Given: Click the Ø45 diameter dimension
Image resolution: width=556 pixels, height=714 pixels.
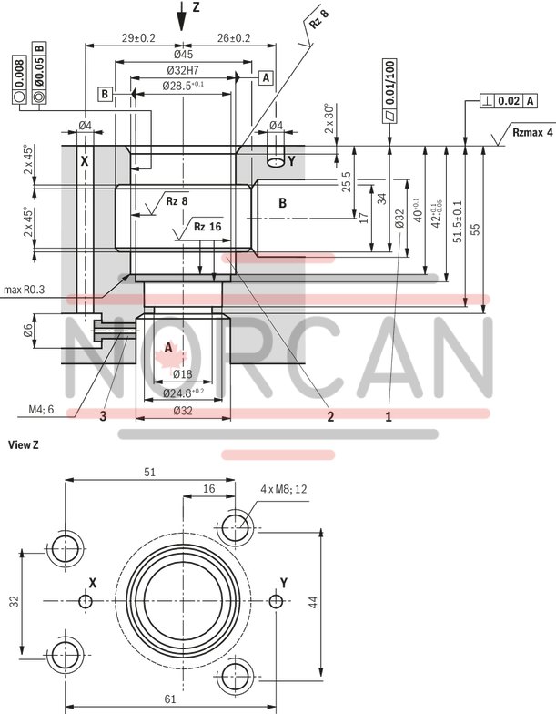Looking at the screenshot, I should tap(183, 54).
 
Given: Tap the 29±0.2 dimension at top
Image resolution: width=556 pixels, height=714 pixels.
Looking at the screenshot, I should tap(138, 37).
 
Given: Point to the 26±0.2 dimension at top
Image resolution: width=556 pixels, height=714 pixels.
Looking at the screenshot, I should tap(233, 37).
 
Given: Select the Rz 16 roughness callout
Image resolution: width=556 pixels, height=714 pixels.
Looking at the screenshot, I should tap(207, 226).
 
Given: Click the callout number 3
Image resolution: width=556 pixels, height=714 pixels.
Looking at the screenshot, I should tap(103, 416).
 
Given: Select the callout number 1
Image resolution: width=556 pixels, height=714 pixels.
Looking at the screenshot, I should tap(388, 416).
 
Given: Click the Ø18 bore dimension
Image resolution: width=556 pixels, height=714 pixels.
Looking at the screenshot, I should tap(182, 374).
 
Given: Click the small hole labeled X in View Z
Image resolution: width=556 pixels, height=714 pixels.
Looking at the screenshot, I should tap(86, 601).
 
